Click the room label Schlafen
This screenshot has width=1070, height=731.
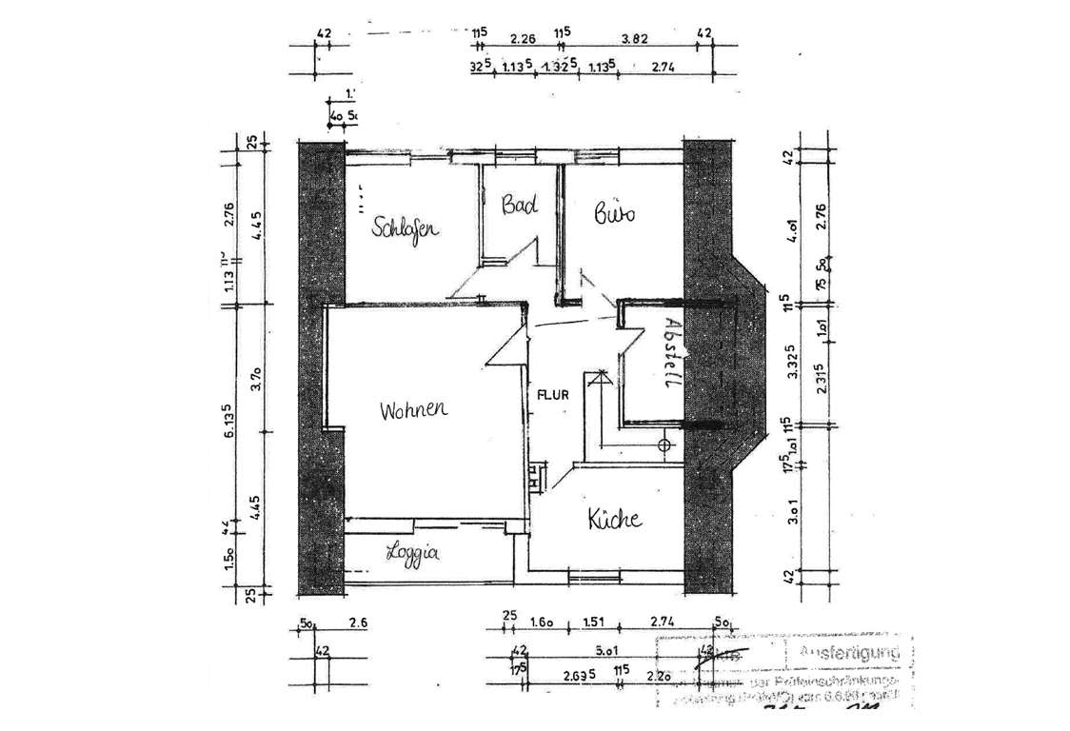pyautogui.click(x=405, y=227)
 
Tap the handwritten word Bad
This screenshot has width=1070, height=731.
pyautogui.click(x=520, y=205)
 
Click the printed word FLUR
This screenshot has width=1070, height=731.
pyautogui.click(x=553, y=393)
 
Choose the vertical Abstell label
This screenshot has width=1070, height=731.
pyautogui.click(x=671, y=351)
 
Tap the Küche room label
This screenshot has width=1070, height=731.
pyautogui.click(x=614, y=520)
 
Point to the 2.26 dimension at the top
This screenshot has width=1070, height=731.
pyautogui.click(x=523, y=39)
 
